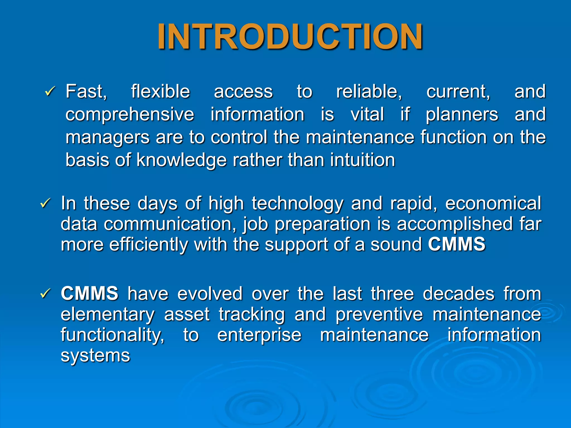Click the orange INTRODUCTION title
[x=290, y=37]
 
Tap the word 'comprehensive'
[x=130, y=115]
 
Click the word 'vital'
[x=367, y=115]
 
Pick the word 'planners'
[x=462, y=115]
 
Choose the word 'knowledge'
[x=181, y=160]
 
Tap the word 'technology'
[x=297, y=204]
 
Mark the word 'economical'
[x=493, y=203]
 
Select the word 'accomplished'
[x=455, y=224]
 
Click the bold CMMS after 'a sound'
[x=456, y=244]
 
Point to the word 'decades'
[x=458, y=294]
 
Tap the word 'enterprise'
[x=259, y=335]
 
